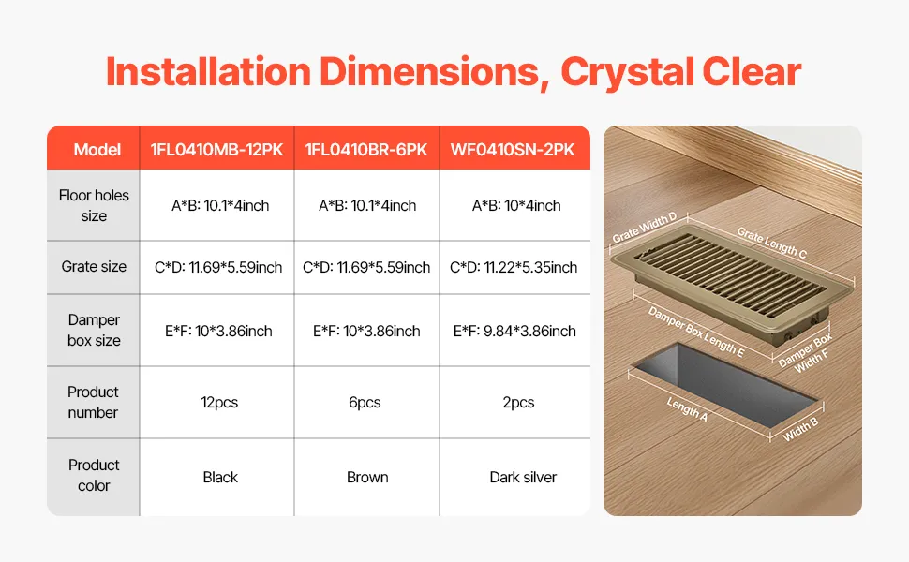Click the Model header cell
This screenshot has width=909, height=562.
97,150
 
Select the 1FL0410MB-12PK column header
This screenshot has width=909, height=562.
216,150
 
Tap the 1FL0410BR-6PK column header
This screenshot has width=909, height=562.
366,150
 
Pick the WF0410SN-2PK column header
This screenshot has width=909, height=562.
513,150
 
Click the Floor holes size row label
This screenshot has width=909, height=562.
94,205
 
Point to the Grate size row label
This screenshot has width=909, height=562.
94,267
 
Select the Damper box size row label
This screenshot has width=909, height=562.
94,330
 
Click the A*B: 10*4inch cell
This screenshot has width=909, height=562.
516,206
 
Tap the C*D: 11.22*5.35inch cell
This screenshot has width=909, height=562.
514,267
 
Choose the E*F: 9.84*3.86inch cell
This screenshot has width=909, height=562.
514,331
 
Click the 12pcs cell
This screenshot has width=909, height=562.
219,402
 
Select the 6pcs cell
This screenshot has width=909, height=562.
365,402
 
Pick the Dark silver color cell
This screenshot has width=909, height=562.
523,477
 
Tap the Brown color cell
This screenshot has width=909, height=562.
367,477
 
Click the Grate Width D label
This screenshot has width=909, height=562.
645,227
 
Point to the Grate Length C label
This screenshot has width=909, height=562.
771,243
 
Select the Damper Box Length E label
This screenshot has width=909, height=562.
695,332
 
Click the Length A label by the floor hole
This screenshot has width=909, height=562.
687,409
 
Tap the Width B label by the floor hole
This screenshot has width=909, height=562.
800,429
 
